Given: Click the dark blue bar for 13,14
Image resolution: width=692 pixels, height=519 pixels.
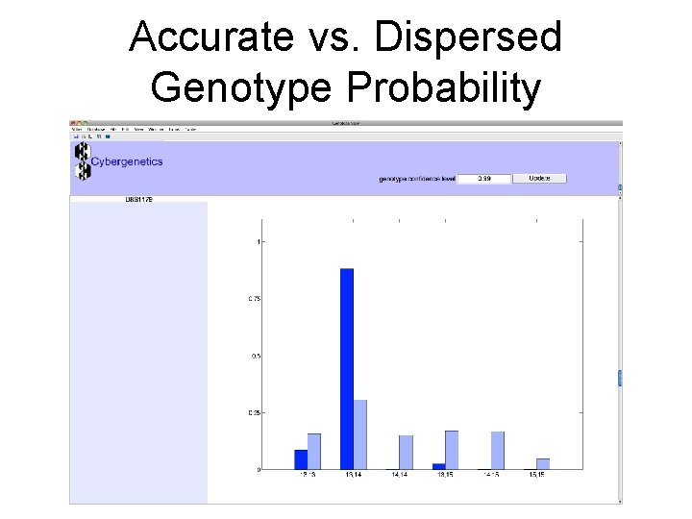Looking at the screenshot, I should click(347, 369).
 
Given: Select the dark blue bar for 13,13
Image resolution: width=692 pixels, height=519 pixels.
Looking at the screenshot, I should click(301, 459).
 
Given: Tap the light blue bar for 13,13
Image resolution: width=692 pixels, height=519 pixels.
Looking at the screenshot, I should click(314, 452).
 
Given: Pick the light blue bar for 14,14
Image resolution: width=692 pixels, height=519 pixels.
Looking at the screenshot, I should click(406, 453).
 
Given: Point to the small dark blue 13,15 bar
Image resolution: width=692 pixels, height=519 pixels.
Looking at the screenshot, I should click(438, 466).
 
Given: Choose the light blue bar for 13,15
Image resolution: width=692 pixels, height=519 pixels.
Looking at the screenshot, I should click(452, 450).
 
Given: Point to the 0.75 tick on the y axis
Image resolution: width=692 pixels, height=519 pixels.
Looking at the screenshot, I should click(255, 299).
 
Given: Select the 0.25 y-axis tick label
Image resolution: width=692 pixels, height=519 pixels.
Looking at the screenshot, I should click(255, 412).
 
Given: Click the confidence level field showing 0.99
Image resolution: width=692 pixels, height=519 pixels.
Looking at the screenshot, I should click(483, 179).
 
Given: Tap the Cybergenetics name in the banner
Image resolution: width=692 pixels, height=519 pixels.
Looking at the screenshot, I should click(127, 161).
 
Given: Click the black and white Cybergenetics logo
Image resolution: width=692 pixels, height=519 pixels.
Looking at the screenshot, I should click(83, 161).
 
